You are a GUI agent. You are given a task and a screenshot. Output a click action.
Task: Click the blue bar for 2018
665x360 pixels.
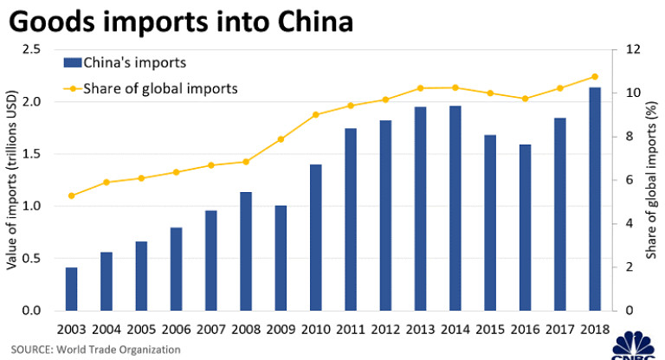coord(595,199)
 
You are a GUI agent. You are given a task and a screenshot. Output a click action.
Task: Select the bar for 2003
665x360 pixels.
coord(72,289)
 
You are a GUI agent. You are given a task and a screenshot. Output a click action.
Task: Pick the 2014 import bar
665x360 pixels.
coord(455,209)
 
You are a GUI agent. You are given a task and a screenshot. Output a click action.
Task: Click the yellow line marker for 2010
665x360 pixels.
coord(316,115)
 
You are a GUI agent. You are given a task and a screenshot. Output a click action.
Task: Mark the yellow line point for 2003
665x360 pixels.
coord(72,196)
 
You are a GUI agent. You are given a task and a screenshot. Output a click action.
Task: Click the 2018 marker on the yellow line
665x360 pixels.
coord(595,77)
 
